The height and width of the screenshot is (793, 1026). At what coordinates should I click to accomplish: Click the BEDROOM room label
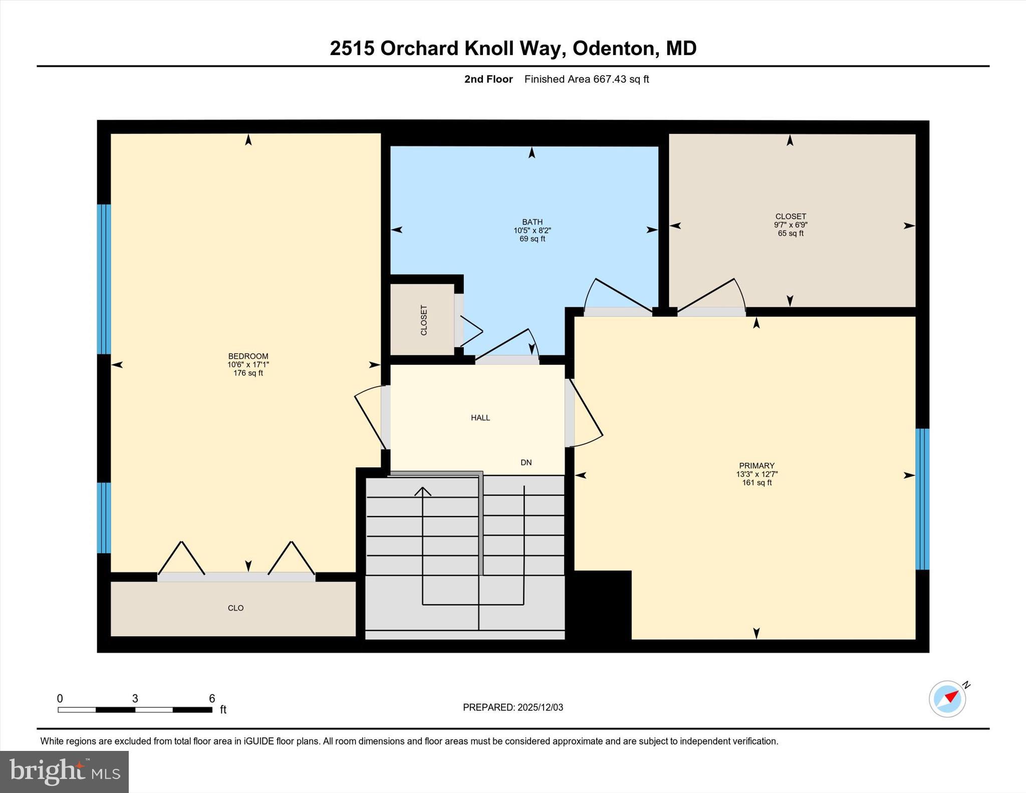click(248, 356)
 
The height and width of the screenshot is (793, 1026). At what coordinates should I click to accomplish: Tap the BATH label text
click(532, 222)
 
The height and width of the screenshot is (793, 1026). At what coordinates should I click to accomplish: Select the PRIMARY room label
click(756, 465)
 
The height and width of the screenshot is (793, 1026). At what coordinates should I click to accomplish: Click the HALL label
click(480, 417)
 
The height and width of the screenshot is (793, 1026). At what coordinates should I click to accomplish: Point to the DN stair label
click(526, 462)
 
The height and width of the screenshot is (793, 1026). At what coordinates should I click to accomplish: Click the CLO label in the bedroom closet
click(235, 608)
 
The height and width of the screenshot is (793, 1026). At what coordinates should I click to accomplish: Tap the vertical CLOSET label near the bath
click(424, 320)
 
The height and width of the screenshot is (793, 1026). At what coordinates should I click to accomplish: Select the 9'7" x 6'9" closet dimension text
click(791, 225)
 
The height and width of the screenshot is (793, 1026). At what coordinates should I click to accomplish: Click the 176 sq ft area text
click(248, 373)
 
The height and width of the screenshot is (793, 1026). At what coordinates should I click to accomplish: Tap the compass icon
click(947, 698)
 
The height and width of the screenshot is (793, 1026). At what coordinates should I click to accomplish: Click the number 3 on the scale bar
click(135, 698)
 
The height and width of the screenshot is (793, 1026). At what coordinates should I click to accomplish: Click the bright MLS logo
click(64, 771)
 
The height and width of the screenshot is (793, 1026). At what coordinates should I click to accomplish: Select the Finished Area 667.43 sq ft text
click(586, 79)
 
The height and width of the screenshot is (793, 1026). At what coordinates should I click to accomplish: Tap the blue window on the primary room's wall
click(922, 499)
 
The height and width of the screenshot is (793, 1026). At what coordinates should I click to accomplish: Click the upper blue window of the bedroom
click(104, 279)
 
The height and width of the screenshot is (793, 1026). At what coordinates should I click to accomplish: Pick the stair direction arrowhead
click(423, 491)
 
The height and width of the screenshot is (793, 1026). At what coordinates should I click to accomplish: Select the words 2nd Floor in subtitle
click(488, 79)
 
